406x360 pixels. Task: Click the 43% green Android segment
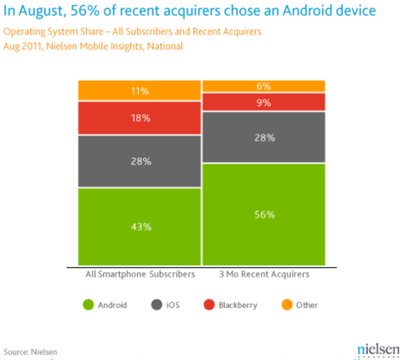[140, 226]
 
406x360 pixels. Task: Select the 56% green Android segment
[264, 214]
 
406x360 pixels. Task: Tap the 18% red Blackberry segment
[140, 118]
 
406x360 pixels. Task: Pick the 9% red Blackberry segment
[264, 102]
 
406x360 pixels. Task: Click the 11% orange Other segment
[140, 91]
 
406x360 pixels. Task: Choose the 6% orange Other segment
[264, 86]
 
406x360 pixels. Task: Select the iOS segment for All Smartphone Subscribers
[140, 161]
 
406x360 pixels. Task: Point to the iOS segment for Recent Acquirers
[264, 137]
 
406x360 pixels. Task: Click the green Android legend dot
[88, 305]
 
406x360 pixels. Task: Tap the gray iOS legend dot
[156, 305]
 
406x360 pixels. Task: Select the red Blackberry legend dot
[209, 305]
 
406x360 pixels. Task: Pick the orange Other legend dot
[287, 305]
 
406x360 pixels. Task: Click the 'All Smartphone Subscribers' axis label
[140, 274]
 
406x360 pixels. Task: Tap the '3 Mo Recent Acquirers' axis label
[264, 274]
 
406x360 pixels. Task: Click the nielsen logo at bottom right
[378, 350]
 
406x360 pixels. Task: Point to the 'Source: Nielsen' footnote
[30, 352]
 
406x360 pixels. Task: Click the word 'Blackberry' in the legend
[238, 305]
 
